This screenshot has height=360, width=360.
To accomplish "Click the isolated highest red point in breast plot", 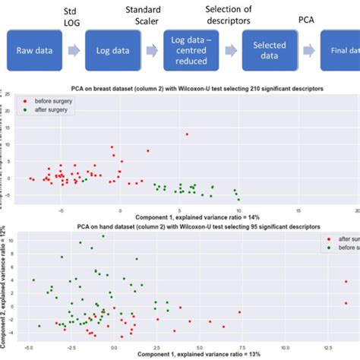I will (187, 134).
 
